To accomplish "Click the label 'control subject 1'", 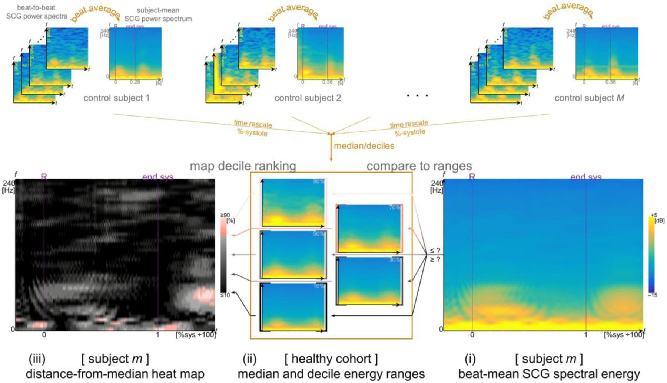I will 116,98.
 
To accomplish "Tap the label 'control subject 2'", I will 308,98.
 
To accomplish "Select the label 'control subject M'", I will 589,98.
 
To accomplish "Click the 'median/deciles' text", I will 364,146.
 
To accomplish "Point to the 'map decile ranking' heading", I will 243,166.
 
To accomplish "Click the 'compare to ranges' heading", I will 419,166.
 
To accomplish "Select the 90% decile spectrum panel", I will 293,202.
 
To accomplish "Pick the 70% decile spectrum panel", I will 369,228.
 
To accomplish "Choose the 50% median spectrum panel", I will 293,255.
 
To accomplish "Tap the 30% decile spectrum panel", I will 369,281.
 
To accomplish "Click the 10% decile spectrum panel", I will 293,307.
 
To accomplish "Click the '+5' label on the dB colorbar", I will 654,215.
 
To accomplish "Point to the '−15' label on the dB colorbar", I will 653,295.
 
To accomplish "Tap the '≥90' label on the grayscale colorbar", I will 225,215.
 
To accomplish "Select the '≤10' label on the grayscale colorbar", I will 225,295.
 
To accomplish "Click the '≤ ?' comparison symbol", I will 435,251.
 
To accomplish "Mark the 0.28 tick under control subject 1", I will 135,82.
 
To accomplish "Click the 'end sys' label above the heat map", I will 158,177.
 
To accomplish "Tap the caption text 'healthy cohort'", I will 331,359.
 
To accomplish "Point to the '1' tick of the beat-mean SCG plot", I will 586,335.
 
